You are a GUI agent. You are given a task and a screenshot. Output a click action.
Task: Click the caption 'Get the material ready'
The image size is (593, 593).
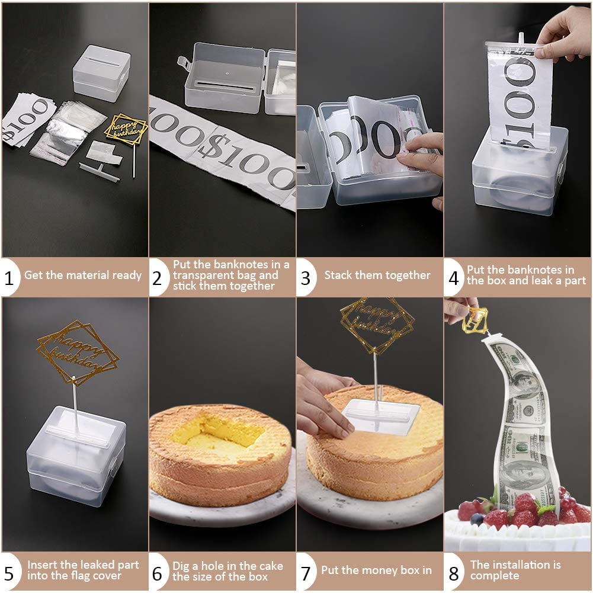[83, 275]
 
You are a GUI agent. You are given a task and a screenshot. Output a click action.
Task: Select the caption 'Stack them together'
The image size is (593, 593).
[377, 275]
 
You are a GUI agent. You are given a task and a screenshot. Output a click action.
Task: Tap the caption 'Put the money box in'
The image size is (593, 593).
[376, 571]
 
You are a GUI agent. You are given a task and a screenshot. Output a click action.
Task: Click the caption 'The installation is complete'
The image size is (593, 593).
[515, 570]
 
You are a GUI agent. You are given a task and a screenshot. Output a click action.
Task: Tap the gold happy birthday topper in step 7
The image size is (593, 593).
[376, 325]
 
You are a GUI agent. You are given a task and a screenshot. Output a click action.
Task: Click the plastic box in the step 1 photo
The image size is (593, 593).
[101, 72]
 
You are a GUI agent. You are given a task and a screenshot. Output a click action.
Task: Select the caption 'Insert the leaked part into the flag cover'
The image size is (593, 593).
[83, 570]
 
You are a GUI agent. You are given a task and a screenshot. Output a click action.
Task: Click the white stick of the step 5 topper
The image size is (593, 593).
[75, 403]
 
